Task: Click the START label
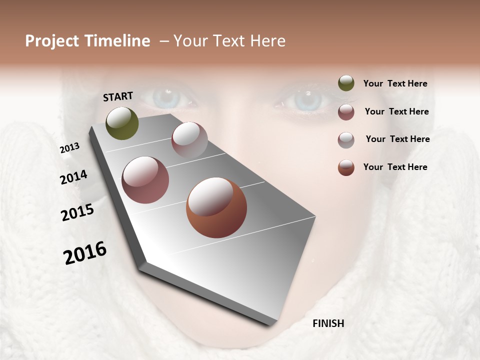pyautogui.click(x=118, y=96)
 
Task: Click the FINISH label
pyautogui.click(x=328, y=323)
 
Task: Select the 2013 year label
pyautogui.click(x=69, y=147)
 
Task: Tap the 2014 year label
pyautogui.click(x=73, y=177)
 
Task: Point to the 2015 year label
pyautogui.click(x=77, y=212)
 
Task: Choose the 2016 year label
pyautogui.click(x=85, y=252)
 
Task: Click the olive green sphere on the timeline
pyautogui.click(x=122, y=123)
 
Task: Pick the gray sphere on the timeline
pyautogui.click(x=189, y=139)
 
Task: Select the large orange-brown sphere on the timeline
pyautogui.click(x=216, y=207)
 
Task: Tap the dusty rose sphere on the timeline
pyautogui.click(x=145, y=180)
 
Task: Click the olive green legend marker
pyautogui.click(x=346, y=83)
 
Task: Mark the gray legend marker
pyautogui.click(x=346, y=139)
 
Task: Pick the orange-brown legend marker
pyautogui.click(x=346, y=167)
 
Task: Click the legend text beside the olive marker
pyautogui.click(x=395, y=83)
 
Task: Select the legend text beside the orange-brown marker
pyautogui.click(x=395, y=167)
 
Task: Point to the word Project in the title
pyautogui.click(x=51, y=41)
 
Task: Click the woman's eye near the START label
pyautogui.click(x=165, y=97)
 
